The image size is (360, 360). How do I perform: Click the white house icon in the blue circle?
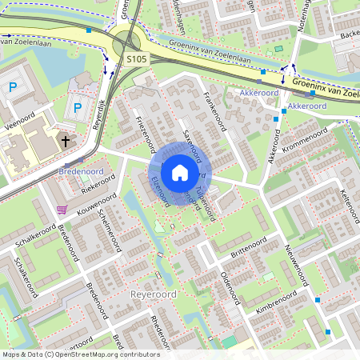click(x=180, y=172)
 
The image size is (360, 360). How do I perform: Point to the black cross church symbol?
click(x=63, y=142)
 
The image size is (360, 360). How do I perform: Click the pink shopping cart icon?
click(x=62, y=210)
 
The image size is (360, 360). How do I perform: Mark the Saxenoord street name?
click(x=193, y=141)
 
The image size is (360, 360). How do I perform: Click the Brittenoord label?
click(x=248, y=245)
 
